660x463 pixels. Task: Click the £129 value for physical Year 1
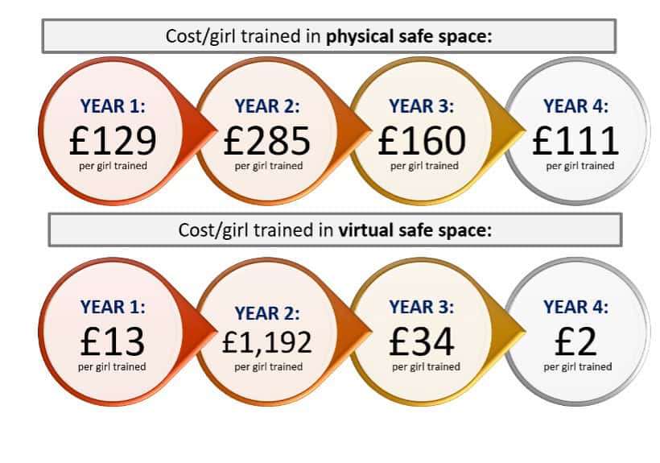click(x=112, y=141)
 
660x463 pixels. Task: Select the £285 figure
click(x=267, y=141)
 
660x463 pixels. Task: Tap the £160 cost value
click(x=422, y=141)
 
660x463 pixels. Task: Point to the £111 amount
click(x=576, y=141)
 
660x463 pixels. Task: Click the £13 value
click(x=112, y=342)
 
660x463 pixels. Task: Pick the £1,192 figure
click(x=267, y=343)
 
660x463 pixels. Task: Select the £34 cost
click(x=422, y=342)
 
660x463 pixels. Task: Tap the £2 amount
click(x=576, y=342)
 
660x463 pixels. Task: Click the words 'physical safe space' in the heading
click(x=409, y=36)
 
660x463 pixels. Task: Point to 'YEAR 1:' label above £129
click(x=112, y=105)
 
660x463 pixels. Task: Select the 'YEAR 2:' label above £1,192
click(x=267, y=312)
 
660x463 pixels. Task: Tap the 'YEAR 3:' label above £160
click(x=422, y=105)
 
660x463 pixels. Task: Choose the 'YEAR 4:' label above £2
click(x=576, y=307)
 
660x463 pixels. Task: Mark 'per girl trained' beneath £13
click(x=112, y=366)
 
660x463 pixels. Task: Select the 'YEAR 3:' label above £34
click(x=422, y=307)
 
